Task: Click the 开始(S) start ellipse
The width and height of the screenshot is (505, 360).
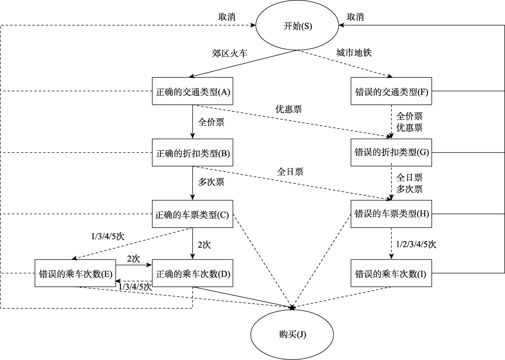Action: pyautogui.click(x=297, y=26)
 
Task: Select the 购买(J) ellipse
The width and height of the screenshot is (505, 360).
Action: pyautogui.click(x=292, y=334)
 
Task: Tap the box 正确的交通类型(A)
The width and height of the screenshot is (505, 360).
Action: pyautogui.click(x=192, y=91)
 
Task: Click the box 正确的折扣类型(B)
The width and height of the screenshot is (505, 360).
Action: pyautogui.click(x=192, y=153)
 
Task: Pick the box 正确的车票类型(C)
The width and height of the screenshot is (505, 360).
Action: pyautogui.click(x=192, y=214)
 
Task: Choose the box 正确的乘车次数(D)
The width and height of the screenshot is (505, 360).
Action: pyautogui.click(x=192, y=273)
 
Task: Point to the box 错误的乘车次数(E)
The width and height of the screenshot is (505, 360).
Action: pyautogui.click(x=75, y=273)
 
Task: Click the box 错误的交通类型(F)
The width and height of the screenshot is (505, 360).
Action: pyautogui.click(x=391, y=91)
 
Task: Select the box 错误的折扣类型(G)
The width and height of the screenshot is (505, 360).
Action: pyautogui.click(x=391, y=153)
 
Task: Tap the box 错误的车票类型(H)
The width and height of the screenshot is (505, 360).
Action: pyautogui.click(x=391, y=214)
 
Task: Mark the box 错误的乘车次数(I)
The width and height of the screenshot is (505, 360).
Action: pyautogui.click(x=391, y=273)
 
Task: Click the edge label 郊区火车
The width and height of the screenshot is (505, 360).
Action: pyautogui.click(x=229, y=54)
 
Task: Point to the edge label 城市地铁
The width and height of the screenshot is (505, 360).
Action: pyautogui.click(x=354, y=53)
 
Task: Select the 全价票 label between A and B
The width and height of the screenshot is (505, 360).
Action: pyautogui.click(x=211, y=122)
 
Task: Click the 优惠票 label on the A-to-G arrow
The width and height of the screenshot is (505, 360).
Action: pyautogui.click(x=288, y=109)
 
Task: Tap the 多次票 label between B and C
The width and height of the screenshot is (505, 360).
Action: pyautogui.click(x=211, y=182)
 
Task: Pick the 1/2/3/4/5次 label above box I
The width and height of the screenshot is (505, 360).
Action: pyautogui.click(x=416, y=244)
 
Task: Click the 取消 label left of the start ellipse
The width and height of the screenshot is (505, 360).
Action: pyautogui.click(x=226, y=17)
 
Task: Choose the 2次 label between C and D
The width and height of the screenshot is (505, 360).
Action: pyautogui.click(x=204, y=245)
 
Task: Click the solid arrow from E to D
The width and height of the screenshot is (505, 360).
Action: pyautogui.click(x=134, y=265)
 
